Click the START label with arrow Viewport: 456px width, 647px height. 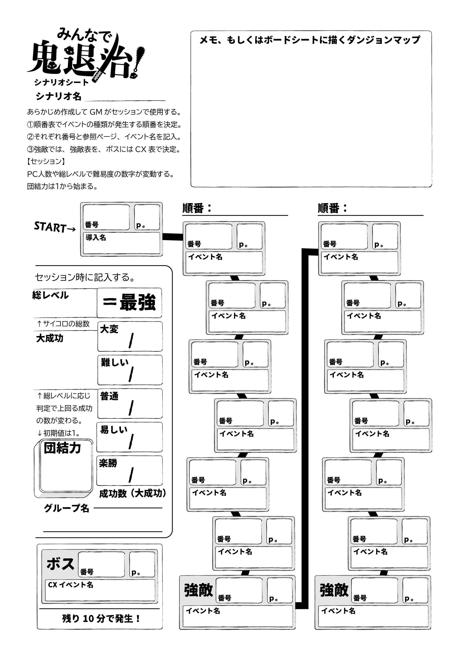click(55, 227)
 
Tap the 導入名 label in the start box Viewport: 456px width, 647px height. click(96, 238)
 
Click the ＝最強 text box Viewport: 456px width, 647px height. click(129, 303)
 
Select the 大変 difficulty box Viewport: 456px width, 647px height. click(130, 337)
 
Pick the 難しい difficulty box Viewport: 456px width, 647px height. click(130, 370)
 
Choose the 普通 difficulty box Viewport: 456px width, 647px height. click(130, 404)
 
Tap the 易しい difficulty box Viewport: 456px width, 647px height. click(129, 437)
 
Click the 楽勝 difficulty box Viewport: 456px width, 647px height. click(129, 471)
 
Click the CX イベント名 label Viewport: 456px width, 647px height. click(70, 585)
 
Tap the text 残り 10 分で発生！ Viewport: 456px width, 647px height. click(101, 619)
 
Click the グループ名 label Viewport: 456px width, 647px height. click(67, 508)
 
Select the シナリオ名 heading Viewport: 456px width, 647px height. click(58, 96)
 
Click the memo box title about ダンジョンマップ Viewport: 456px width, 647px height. click(310, 40)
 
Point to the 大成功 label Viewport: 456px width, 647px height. click(50, 338)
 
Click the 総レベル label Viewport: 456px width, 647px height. click(50, 295)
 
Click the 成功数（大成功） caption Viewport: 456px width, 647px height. click(133, 493)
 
